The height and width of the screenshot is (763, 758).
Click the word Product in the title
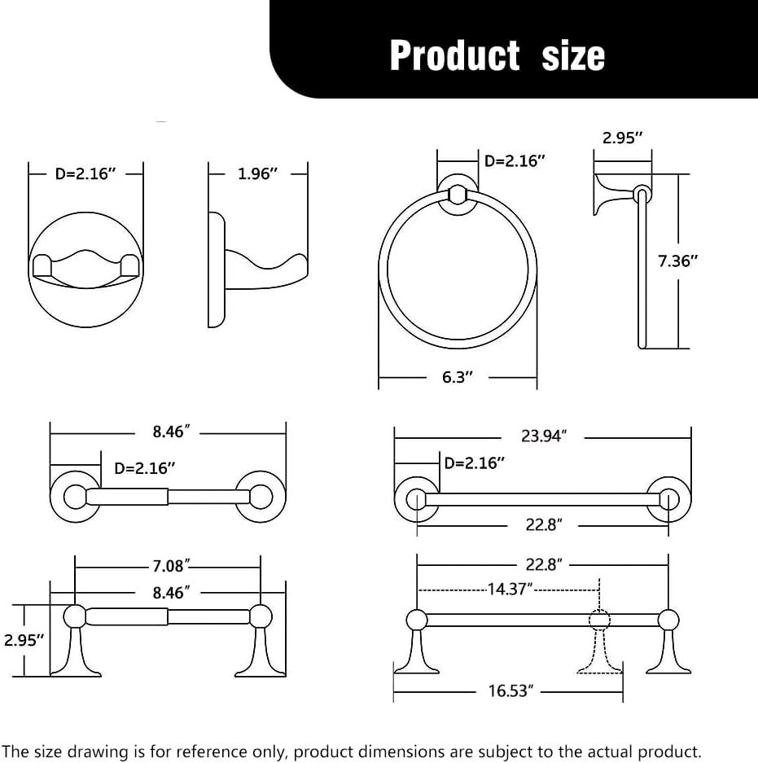(x=455, y=55)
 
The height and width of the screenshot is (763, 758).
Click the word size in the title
(x=573, y=55)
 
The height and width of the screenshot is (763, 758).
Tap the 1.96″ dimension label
(x=257, y=173)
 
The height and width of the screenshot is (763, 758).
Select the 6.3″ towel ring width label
(x=458, y=377)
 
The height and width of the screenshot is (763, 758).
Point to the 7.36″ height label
(x=677, y=261)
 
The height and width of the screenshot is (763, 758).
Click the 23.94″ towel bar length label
(x=544, y=436)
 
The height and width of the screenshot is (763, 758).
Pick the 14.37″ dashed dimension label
(x=510, y=590)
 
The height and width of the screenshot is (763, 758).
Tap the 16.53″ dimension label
(x=510, y=691)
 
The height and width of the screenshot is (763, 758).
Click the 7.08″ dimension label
(x=170, y=566)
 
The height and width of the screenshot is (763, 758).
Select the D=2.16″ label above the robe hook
(x=85, y=173)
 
